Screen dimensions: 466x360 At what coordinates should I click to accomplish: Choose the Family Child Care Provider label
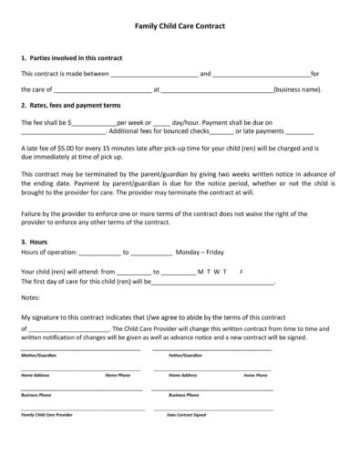pyautogui.click(x=46, y=414)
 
